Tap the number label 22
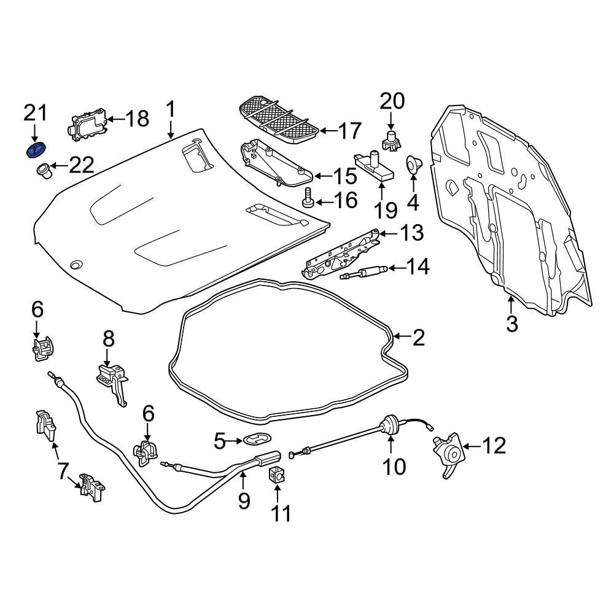[81, 165]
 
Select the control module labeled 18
[87, 123]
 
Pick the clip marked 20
[391, 142]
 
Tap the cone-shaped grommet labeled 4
[413, 165]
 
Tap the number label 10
[394, 467]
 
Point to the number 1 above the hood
[171, 111]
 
